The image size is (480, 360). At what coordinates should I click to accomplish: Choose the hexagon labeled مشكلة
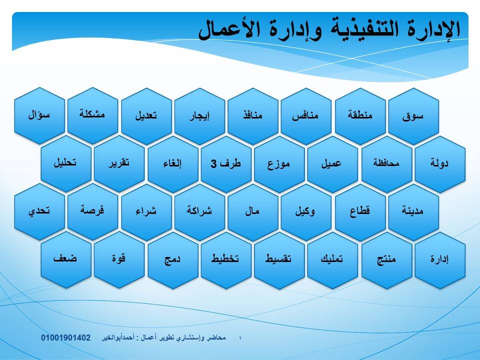92,115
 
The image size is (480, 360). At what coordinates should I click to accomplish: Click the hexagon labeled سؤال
39,115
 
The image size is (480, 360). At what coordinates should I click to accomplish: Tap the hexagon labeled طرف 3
226,164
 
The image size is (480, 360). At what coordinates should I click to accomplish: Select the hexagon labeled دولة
440,164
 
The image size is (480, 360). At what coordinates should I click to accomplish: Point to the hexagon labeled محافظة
387,164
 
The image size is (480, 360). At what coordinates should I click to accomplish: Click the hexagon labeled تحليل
66,164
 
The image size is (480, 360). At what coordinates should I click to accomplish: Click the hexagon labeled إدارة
440,260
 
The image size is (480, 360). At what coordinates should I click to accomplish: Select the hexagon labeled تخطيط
226,260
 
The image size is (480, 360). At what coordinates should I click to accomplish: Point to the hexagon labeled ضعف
66,259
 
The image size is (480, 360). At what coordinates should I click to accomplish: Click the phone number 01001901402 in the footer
66,337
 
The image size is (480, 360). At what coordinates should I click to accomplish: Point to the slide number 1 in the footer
240,338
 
